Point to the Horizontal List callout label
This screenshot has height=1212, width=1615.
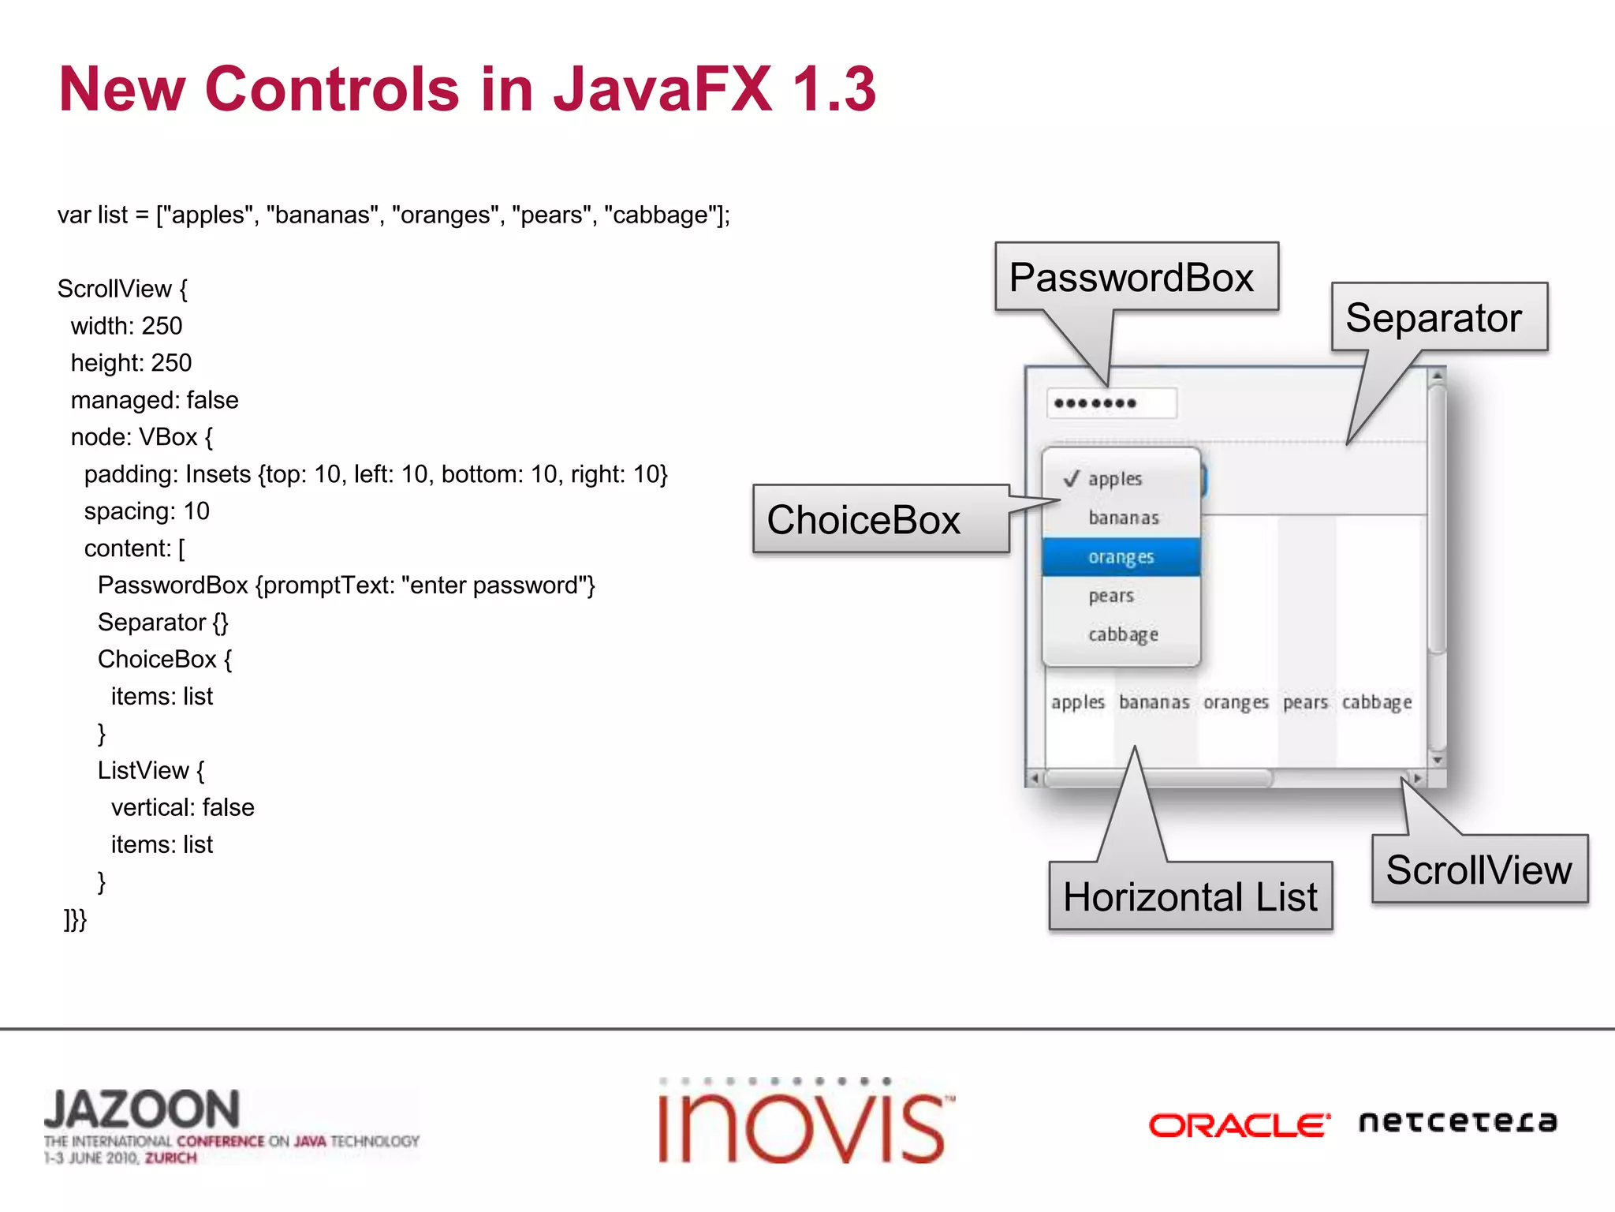1190,896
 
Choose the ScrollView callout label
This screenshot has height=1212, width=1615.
1479,870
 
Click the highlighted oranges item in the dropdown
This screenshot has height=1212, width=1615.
1121,557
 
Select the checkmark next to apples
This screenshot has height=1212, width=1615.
1070,479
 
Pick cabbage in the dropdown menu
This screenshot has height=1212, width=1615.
1123,634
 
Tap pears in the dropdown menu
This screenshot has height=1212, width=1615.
1111,596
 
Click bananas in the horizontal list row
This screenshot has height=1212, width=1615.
1154,702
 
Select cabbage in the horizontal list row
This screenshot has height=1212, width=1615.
1377,702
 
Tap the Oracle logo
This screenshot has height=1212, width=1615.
1239,1124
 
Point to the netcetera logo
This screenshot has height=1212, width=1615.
1457,1121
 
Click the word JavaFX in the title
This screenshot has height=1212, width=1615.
662,88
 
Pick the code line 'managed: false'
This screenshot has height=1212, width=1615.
155,400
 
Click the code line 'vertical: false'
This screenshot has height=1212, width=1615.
183,807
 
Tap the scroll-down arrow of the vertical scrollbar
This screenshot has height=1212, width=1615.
1438,760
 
